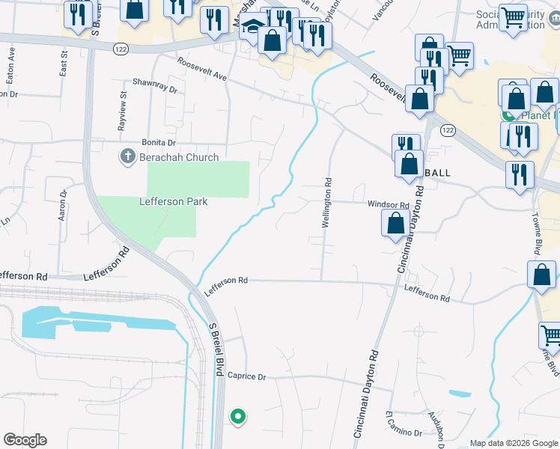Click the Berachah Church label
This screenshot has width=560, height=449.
pyautogui.click(x=178, y=157)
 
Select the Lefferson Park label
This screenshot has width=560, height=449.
pyautogui.click(x=172, y=201)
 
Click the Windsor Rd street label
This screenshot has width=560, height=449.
pyautogui.click(x=388, y=204)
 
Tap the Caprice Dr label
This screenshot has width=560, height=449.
pyautogui.click(x=246, y=376)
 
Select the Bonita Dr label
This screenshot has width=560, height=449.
pyautogui.click(x=158, y=142)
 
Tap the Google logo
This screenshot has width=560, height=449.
pyautogui.click(x=25, y=440)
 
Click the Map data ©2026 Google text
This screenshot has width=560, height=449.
pyautogui.click(x=513, y=443)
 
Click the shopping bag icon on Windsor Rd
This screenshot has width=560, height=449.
pyautogui.click(x=395, y=222)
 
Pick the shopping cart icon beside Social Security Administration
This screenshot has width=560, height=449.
pyautogui.click(x=513, y=16)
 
